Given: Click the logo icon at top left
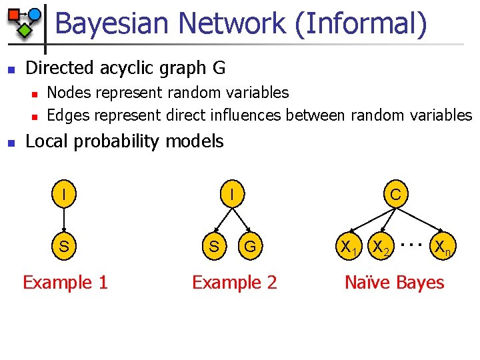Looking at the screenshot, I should [x=24, y=20].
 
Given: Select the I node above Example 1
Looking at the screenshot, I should [x=63, y=195].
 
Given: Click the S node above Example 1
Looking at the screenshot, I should [x=63, y=246].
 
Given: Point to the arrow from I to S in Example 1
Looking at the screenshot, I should [x=63, y=220].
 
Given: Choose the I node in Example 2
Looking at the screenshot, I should [x=231, y=195].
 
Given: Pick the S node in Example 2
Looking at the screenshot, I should [x=213, y=246].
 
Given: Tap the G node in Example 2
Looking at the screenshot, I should [x=250, y=246].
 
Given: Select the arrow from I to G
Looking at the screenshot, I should [x=241, y=221].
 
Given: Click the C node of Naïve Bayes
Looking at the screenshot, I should [x=395, y=195].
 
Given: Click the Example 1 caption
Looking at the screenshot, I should [x=65, y=283].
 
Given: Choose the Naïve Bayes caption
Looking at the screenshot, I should [x=394, y=283].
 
